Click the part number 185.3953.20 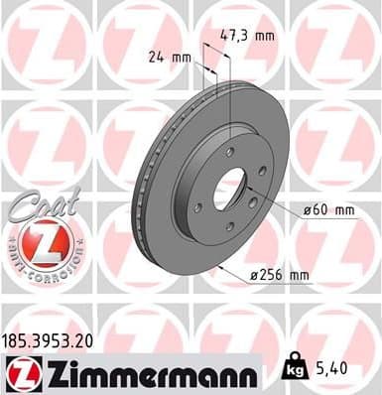pyautogui.click(x=52, y=339)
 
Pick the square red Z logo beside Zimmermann pyautogui.click(x=20, y=373)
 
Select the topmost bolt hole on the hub pyautogui.click(x=230, y=152)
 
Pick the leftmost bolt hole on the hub pyautogui.click(x=198, y=206)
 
